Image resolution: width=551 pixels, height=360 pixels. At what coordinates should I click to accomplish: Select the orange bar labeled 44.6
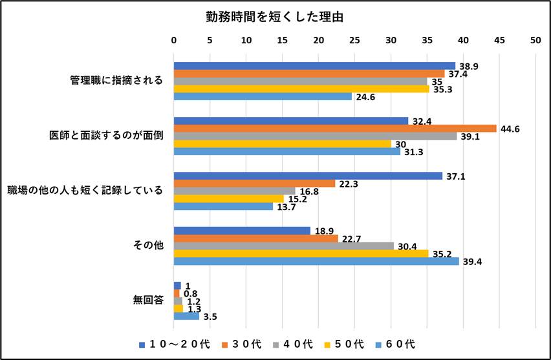coord(335,128)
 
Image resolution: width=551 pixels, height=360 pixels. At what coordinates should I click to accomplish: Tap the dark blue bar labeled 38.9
coord(314,66)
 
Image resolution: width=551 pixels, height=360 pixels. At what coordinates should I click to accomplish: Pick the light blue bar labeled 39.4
coord(316,261)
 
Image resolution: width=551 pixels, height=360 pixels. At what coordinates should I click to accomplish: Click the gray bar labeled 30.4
coord(284,246)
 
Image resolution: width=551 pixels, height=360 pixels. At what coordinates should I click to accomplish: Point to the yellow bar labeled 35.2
coord(301,253)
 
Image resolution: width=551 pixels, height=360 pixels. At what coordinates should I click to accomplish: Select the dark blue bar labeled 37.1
coord(308,176)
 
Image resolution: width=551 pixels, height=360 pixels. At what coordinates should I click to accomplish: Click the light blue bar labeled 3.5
coord(186,316)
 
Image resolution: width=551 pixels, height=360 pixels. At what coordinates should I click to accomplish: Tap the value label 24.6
coord(365,98)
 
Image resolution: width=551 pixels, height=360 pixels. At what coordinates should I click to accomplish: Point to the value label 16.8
coord(308,191)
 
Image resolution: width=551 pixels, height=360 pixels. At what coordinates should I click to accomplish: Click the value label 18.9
coord(324,231)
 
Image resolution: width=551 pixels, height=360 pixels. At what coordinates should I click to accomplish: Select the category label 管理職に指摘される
coord(116,81)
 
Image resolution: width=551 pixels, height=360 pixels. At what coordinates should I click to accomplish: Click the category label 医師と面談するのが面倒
coord(105,136)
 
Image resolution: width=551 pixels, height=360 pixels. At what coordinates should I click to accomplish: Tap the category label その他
coord(148,246)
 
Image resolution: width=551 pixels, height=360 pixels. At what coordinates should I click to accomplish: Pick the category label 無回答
coord(148,301)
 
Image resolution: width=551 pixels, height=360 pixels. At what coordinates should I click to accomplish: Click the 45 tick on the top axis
coord(499,40)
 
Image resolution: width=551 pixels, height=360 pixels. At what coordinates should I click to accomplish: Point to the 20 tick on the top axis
coord(318,40)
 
